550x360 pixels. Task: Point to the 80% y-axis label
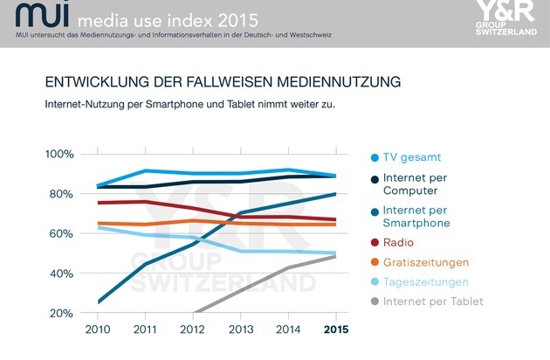click(60, 193)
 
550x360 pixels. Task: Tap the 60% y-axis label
click(60, 233)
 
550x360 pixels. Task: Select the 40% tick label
click(60, 273)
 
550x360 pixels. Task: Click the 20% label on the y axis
click(60, 313)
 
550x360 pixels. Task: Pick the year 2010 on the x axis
click(99, 330)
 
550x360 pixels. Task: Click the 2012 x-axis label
click(194, 330)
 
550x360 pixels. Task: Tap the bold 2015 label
click(336, 330)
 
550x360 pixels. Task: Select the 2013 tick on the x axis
click(241, 330)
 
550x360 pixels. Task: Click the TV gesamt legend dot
click(374, 157)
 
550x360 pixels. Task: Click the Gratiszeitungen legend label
click(426, 262)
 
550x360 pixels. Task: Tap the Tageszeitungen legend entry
click(425, 281)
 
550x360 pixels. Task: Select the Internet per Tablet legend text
click(433, 301)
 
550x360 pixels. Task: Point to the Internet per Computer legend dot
click(374, 178)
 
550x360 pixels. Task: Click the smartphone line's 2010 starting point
click(99, 302)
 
